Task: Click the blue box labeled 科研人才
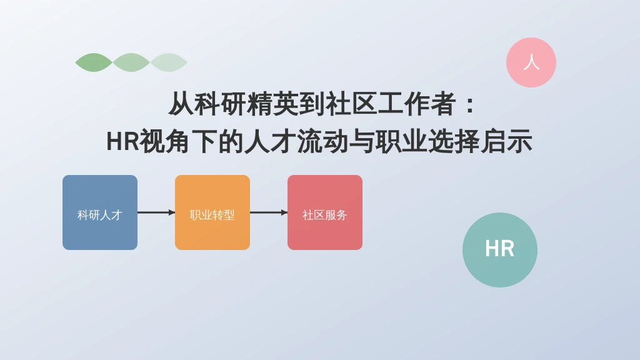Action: [x=100, y=212]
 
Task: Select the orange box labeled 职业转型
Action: [x=212, y=212]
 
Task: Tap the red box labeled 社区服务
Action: [x=325, y=212]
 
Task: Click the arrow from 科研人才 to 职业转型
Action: [x=156, y=212]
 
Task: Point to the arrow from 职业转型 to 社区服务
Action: [x=269, y=212]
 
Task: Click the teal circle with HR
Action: [x=500, y=250]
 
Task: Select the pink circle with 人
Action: [x=531, y=62]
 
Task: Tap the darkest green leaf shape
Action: [x=94, y=62]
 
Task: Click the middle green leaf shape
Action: [x=131, y=62]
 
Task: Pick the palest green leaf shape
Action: [x=169, y=62]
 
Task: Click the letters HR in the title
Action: [x=122, y=142]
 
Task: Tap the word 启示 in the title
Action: [x=506, y=142]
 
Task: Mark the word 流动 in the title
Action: [x=323, y=142]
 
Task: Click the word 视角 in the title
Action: [x=165, y=142]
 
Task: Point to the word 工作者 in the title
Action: [x=417, y=104]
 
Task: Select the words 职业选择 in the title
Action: [x=427, y=142]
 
